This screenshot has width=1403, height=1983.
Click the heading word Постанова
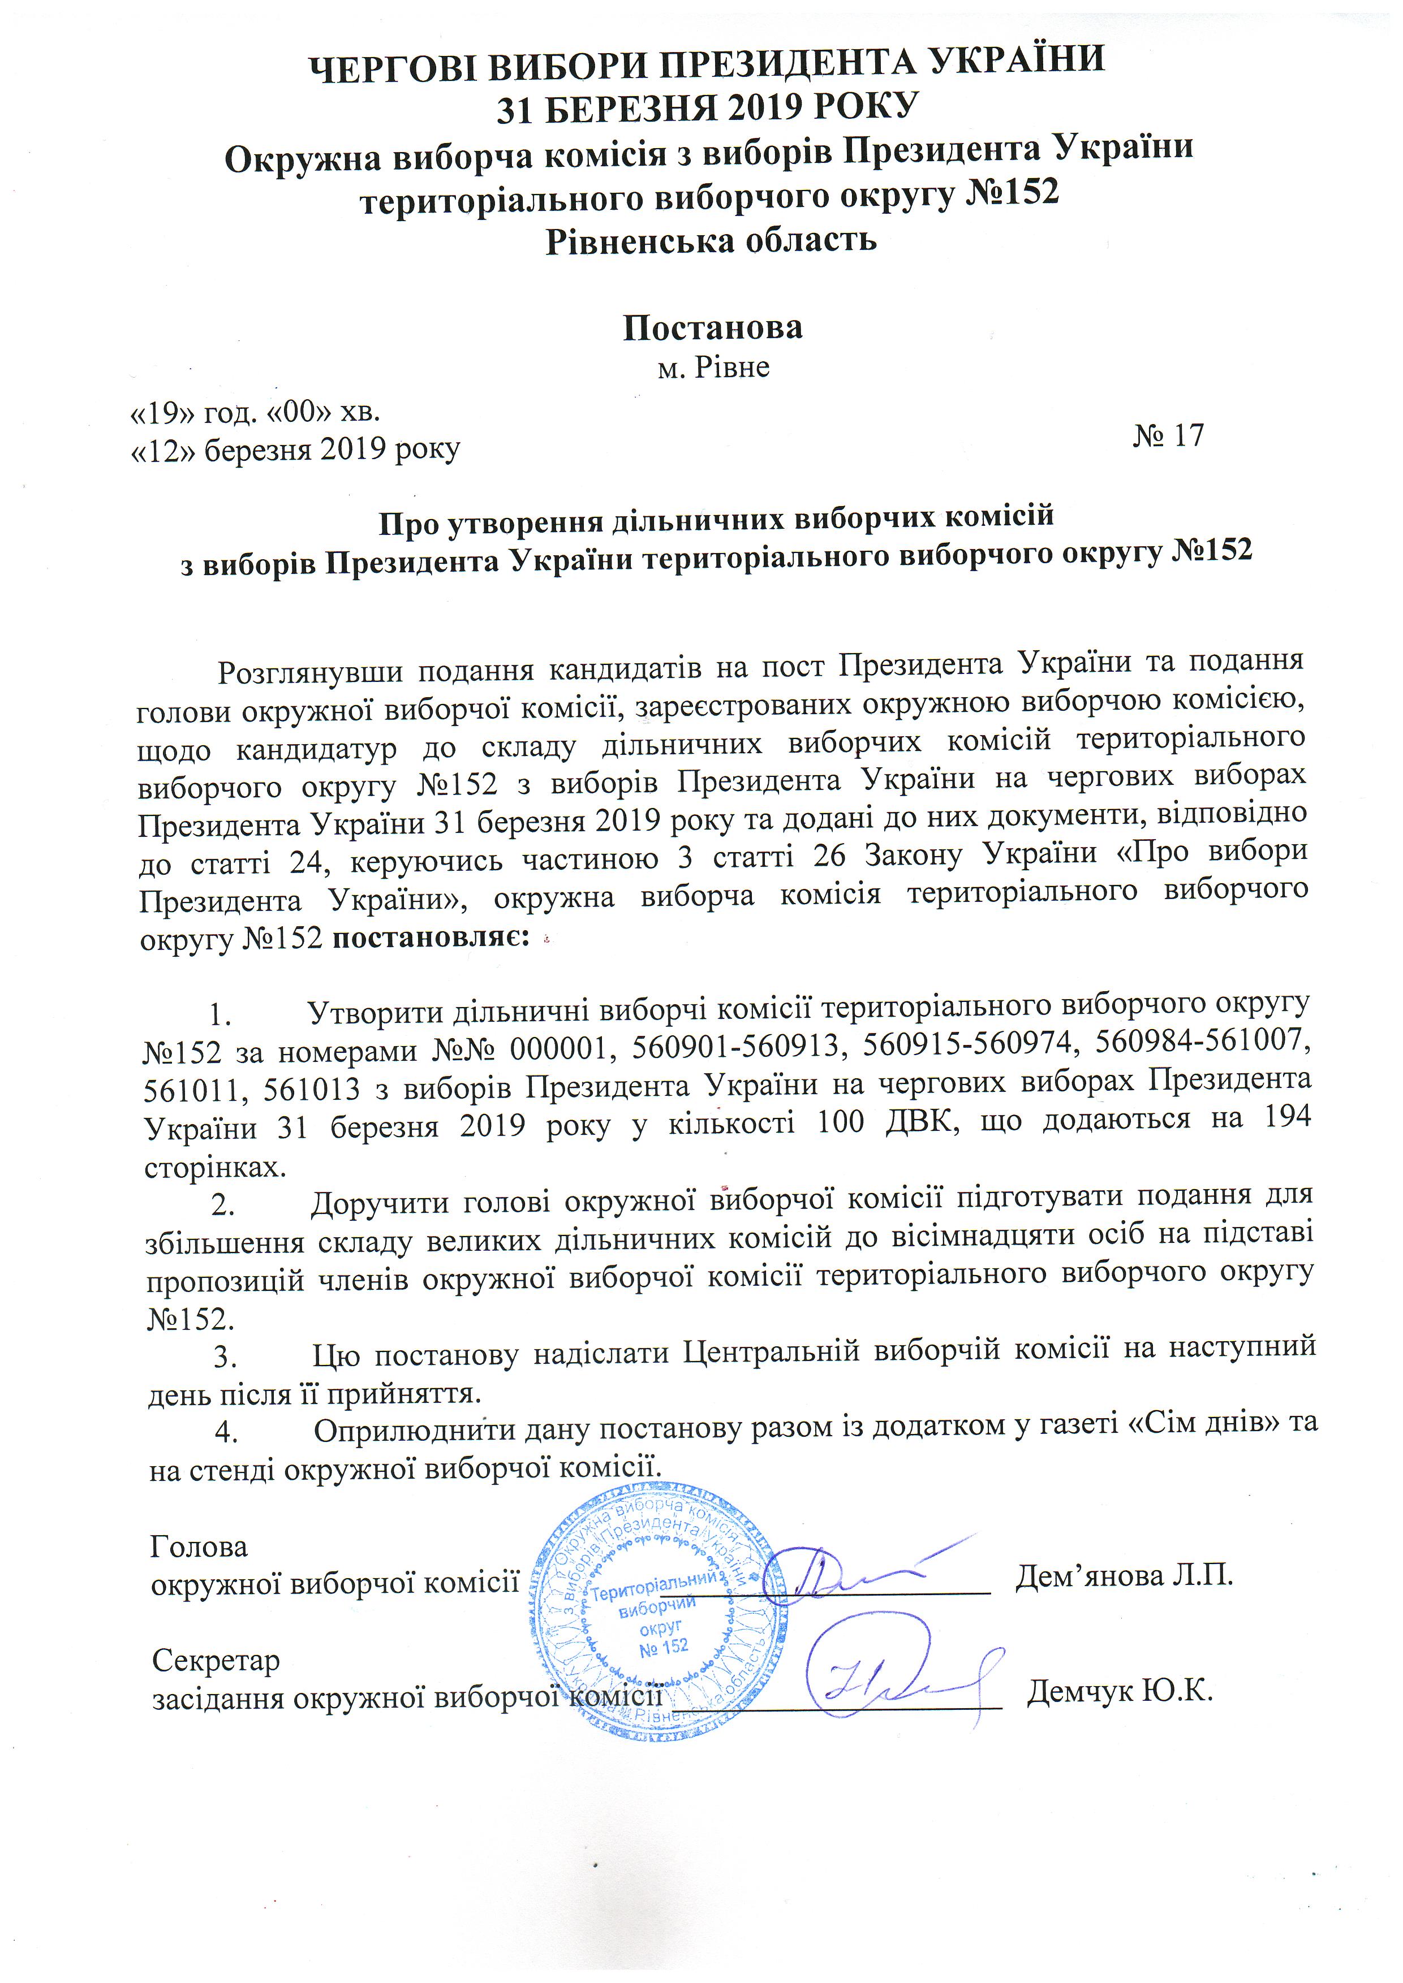713,326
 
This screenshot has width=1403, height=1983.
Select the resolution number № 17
1168,435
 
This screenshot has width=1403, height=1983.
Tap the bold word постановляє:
430,937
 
